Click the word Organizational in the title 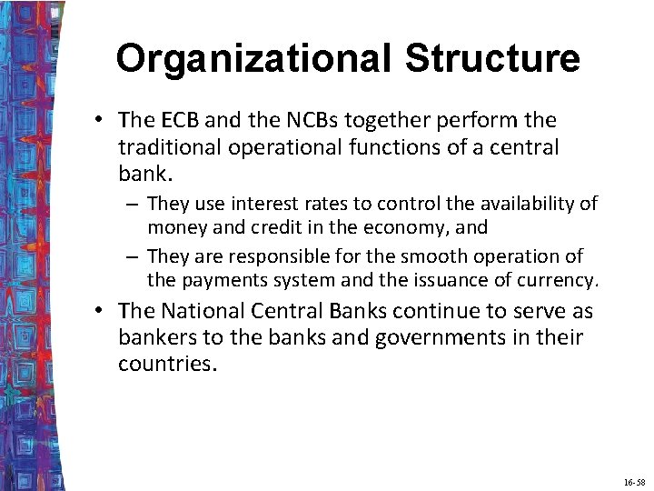tap(255, 58)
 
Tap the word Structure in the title tap(492, 58)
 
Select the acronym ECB tap(180, 121)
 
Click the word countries tap(167, 363)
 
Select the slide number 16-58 tap(633, 479)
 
